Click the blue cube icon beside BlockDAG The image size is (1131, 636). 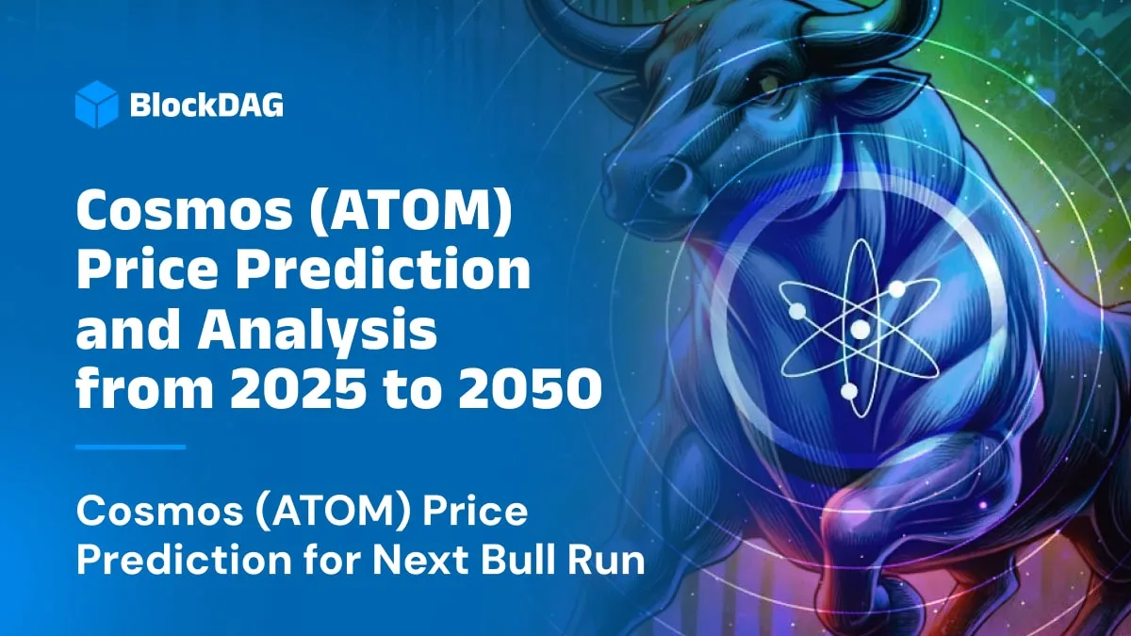tap(96, 105)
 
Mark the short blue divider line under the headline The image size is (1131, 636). tap(130, 447)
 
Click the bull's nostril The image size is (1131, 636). tap(672, 176)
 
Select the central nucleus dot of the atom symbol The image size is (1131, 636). tap(860, 330)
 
